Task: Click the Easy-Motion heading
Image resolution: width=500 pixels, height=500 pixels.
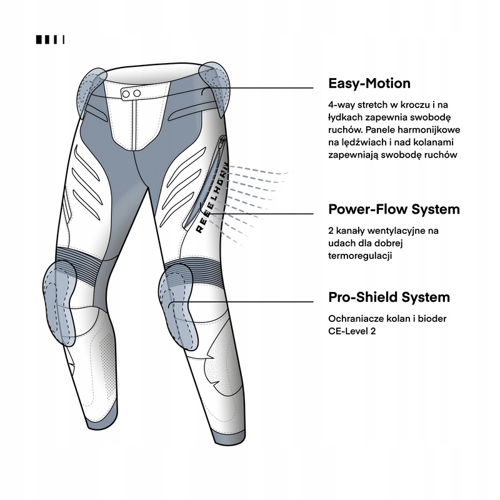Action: pos(369,84)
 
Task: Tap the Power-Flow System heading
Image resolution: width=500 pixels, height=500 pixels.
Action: pos(394,209)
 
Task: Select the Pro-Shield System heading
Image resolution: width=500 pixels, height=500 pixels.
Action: pos(389,297)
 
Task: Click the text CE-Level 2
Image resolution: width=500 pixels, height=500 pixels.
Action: pos(352,331)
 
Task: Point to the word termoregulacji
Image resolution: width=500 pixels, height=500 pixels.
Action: pos(360,256)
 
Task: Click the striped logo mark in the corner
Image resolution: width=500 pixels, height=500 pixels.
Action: pos(50,39)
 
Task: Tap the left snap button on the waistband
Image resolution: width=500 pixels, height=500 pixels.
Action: pos(126,94)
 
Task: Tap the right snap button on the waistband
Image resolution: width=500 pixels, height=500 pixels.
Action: pos(137,93)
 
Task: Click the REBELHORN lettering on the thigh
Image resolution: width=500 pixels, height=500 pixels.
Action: pos(212,197)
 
